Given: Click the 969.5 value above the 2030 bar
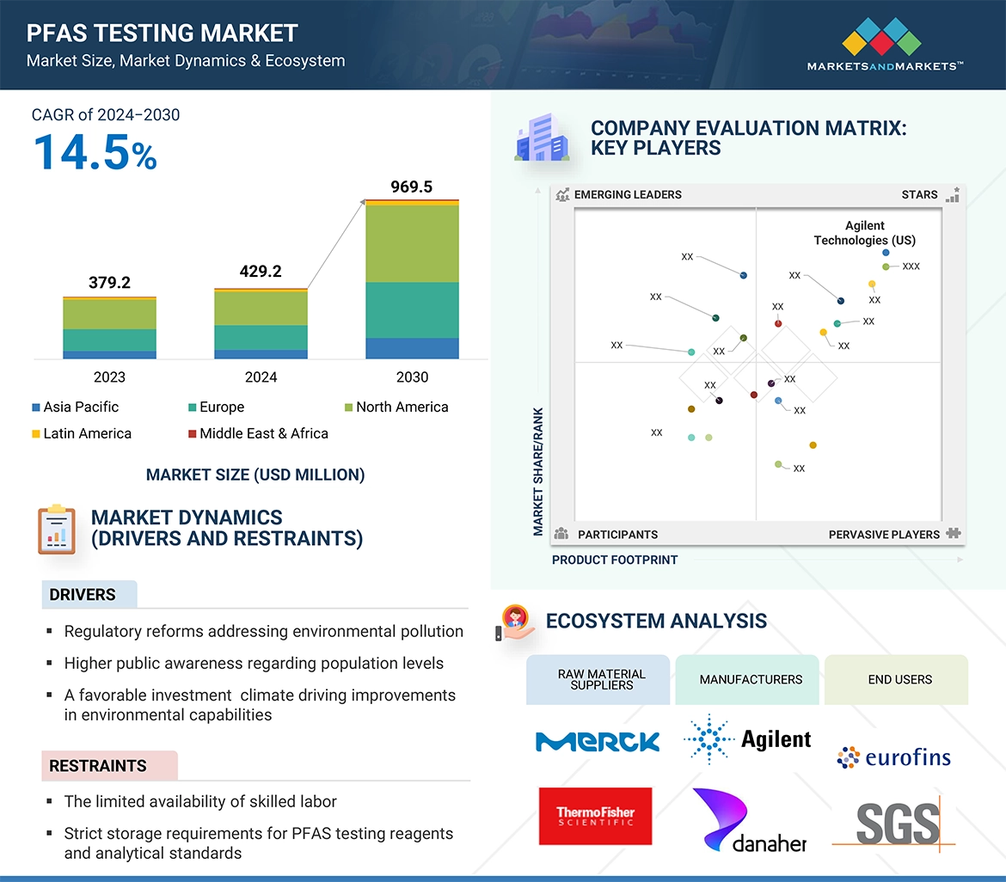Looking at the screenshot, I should tap(411, 187).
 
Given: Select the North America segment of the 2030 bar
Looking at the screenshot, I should tap(412, 243).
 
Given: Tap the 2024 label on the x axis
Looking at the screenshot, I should tap(261, 377).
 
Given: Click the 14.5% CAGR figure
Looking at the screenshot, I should tap(95, 152).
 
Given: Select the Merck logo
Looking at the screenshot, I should tap(598, 741).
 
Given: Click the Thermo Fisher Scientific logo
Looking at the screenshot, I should tap(595, 816).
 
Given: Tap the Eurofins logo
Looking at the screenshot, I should tap(894, 756).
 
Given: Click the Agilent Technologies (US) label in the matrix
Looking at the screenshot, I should tap(865, 233).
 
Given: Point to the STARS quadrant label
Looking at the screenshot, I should tap(919, 194).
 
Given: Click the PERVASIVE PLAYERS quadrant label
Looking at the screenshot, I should tap(884, 534).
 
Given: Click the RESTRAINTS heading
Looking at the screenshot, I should tap(98, 765).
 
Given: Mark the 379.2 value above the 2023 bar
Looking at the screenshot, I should tap(109, 282).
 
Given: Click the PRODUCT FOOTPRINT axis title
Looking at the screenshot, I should tap(615, 560).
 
